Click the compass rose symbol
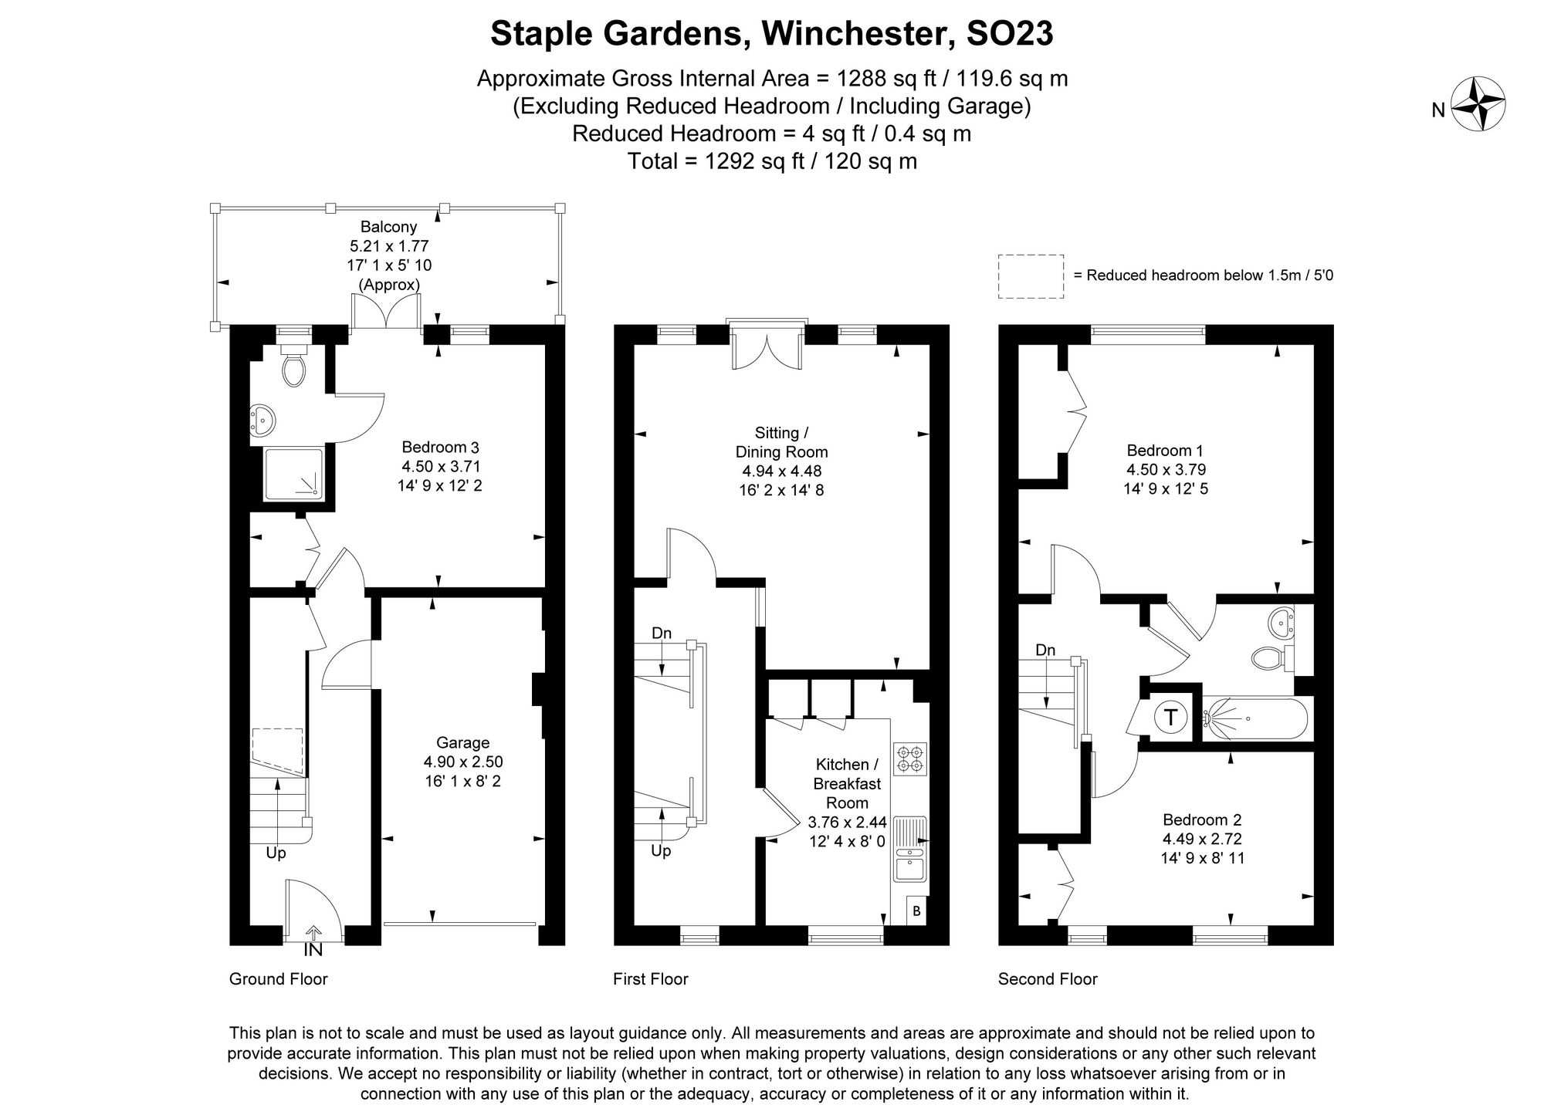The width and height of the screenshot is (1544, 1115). [x=1479, y=105]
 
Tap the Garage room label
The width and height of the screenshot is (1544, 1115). [x=462, y=742]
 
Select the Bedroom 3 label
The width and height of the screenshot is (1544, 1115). [x=441, y=447]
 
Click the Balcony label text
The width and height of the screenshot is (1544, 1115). [x=388, y=227]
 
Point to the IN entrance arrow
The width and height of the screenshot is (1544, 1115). [x=314, y=935]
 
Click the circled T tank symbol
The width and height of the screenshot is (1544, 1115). [x=1170, y=718]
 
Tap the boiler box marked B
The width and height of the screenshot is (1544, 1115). [x=916, y=911]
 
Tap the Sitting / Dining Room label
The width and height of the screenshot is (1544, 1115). [x=781, y=442]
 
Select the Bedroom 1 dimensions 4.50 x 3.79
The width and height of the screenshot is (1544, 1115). [x=1166, y=469]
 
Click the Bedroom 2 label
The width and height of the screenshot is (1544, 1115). [x=1202, y=819]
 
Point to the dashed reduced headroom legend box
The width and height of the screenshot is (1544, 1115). [x=1030, y=276]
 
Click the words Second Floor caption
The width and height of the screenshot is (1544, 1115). [x=1047, y=979]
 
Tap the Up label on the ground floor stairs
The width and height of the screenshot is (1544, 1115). [x=276, y=853]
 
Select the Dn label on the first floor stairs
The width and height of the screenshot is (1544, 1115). [x=662, y=633]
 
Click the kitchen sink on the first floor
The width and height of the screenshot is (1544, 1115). [x=911, y=867]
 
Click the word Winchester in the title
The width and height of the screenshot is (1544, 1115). [x=849, y=34]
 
